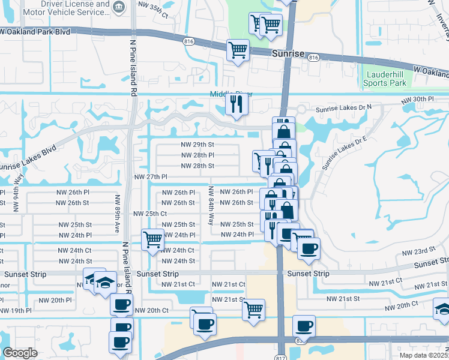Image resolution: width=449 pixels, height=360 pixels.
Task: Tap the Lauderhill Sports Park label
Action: click(x=385, y=79)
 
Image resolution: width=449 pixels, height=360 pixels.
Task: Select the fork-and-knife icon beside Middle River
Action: click(x=236, y=105)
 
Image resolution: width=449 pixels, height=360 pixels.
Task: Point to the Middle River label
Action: click(x=231, y=94)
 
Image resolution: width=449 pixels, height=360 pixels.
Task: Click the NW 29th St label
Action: click(x=197, y=145)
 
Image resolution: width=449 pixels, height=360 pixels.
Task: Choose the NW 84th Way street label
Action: click(x=211, y=205)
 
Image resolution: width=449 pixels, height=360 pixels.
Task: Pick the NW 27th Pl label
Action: click(x=150, y=177)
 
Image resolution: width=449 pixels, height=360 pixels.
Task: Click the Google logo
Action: click(x=20, y=353)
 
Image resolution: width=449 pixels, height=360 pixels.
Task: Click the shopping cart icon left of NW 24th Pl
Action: click(x=152, y=239)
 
